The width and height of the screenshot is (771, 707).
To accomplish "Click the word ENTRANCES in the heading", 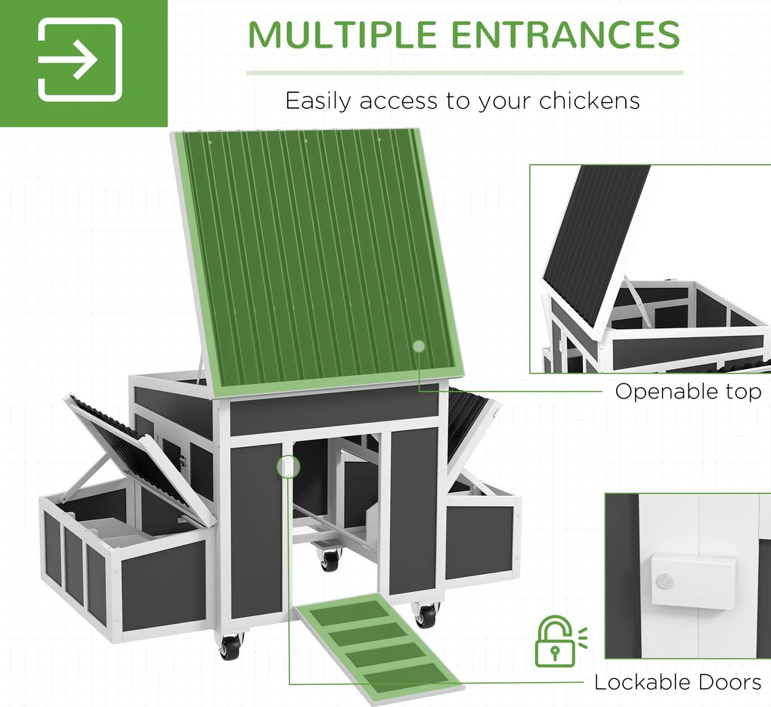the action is point(565,35).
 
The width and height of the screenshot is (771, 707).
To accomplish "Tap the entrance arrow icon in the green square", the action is point(80,60).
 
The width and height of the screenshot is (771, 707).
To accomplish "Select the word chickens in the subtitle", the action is point(589,101).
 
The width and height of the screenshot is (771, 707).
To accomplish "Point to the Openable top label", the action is point(688,392).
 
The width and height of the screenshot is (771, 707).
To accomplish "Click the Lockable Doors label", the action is point(677,682).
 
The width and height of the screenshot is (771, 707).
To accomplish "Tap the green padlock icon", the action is point(559,640).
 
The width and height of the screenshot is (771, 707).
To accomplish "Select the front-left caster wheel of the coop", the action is point(230,646).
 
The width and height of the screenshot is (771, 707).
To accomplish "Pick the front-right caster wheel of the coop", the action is point(426,615).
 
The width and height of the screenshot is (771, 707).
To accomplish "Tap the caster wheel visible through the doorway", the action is point(330,559).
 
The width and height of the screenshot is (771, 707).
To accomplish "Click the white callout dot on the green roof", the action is point(419,346).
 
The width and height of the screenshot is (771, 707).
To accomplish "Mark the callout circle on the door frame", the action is point(288,466).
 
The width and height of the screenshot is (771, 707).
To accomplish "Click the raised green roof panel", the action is point(317,263).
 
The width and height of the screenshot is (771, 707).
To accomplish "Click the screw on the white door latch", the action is point(664,581).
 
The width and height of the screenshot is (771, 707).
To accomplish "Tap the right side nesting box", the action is point(479,529).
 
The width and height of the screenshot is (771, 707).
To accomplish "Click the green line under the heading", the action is point(465,73).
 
